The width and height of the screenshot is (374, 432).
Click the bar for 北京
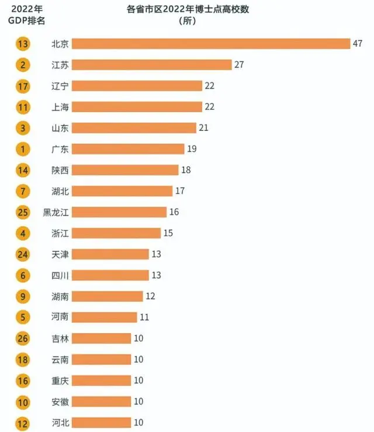point(211,44)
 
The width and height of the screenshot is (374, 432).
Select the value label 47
point(358,44)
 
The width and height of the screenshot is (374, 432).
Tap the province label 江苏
point(60,65)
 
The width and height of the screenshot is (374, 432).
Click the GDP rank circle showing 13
point(23,44)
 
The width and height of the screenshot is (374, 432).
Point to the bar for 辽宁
point(138,86)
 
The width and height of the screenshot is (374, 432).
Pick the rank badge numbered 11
point(23,107)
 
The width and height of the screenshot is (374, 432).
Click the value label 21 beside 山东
point(203,127)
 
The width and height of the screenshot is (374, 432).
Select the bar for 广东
point(129,149)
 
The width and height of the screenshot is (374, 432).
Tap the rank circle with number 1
point(23,149)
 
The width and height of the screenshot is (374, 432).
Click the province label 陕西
point(60,170)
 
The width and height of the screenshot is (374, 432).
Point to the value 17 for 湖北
point(179,191)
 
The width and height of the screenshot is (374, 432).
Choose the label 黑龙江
point(56,212)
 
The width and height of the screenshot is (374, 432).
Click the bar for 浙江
point(117,233)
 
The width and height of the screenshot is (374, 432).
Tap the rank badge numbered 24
point(23,254)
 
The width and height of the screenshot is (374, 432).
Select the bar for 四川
point(111,275)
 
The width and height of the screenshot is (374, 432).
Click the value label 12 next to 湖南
point(150,296)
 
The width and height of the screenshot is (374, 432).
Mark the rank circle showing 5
point(23,317)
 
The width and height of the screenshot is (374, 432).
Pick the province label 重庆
point(60,381)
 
